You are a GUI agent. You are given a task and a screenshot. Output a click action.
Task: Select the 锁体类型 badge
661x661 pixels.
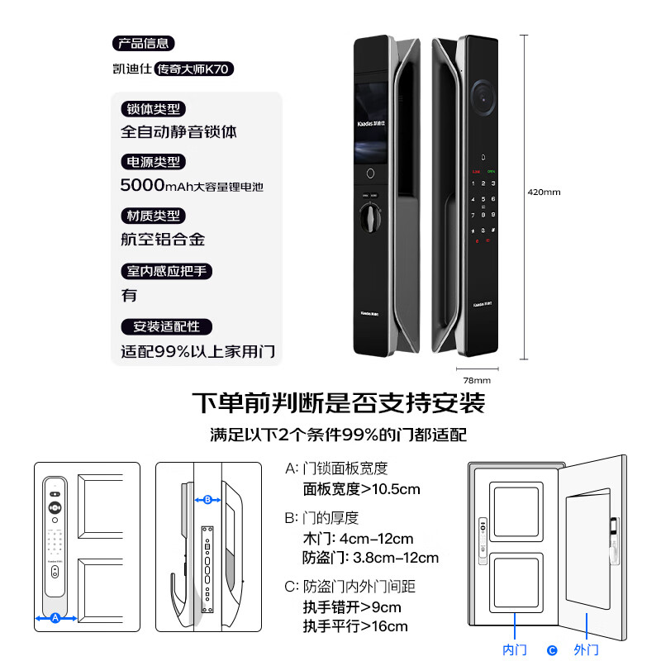pyautogui.click(x=153, y=109)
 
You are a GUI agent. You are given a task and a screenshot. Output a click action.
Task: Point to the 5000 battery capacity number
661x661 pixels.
pyautogui.click(x=142, y=185)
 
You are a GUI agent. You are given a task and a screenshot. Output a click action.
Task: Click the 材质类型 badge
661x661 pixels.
pyautogui.click(x=153, y=216)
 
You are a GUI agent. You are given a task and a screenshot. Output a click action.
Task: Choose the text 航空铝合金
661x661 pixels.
pyautogui.click(x=163, y=240)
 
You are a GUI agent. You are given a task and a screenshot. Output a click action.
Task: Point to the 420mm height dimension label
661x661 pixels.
pyautogui.click(x=544, y=193)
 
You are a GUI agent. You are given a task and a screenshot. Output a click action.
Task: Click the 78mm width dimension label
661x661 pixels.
pyautogui.click(x=476, y=380)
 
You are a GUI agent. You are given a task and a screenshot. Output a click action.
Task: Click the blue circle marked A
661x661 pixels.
pyautogui.click(x=55, y=617)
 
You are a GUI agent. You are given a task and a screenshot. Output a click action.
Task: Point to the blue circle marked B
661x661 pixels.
pyautogui.click(x=207, y=499)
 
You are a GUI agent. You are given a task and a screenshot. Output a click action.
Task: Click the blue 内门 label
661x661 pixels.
pyautogui.click(x=515, y=649)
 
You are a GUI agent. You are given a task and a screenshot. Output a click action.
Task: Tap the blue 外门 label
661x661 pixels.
pyautogui.click(x=586, y=649)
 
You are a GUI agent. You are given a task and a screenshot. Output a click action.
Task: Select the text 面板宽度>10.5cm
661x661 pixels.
pyautogui.click(x=361, y=489)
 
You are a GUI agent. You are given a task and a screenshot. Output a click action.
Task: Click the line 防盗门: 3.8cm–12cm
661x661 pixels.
pyautogui.click(x=371, y=558)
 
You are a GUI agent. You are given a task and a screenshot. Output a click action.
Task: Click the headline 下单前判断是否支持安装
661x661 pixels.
pyautogui.click(x=338, y=404)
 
